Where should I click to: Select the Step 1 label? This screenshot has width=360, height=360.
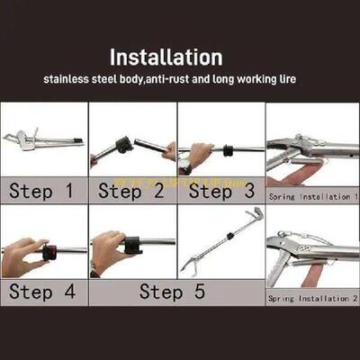pyautogui.click(x=43, y=191)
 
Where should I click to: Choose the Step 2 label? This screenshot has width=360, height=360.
pyautogui.click(x=131, y=191)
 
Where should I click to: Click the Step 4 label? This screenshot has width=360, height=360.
pyautogui.click(x=43, y=292)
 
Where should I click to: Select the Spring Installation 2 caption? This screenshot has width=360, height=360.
pyautogui.click(x=311, y=296)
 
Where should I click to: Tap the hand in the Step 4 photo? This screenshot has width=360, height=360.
pyautogui.click(x=22, y=256)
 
